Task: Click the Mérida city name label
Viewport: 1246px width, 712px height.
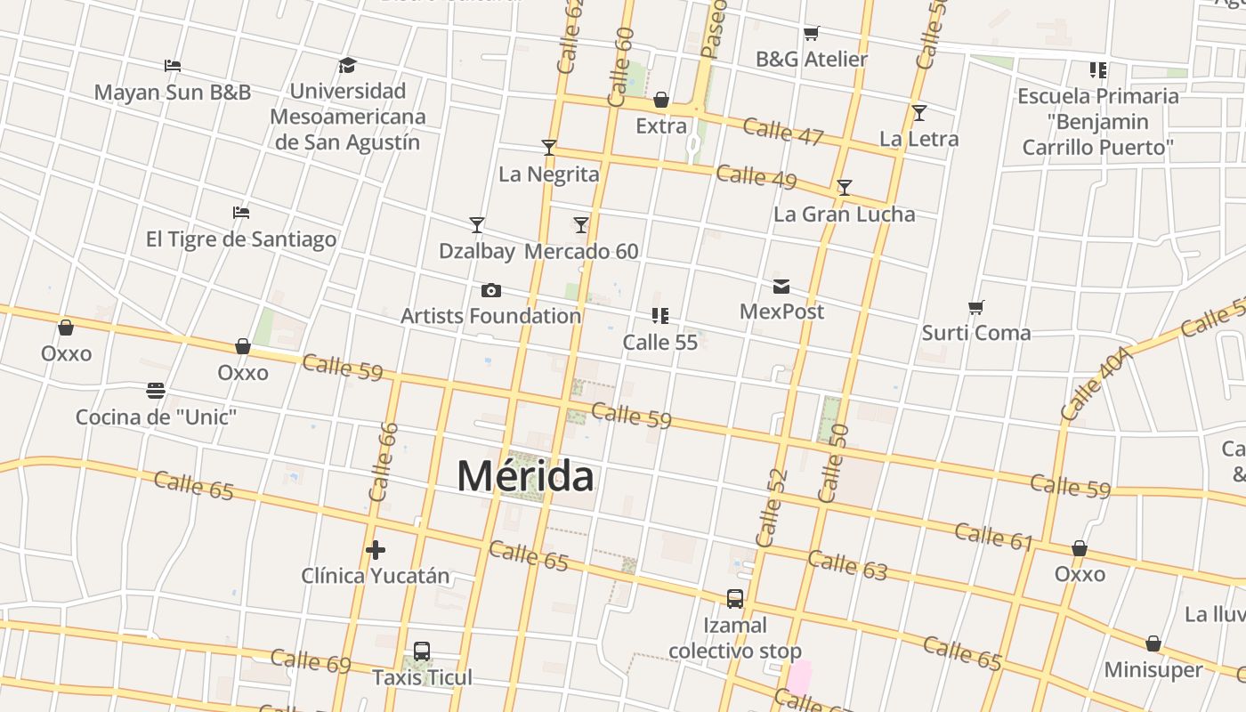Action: pyautogui.click(x=525, y=476)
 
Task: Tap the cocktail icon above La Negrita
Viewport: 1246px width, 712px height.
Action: pyautogui.click(x=549, y=148)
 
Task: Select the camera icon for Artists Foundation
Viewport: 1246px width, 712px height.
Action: pyautogui.click(x=490, y=290)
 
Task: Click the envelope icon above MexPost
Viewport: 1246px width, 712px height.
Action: pyautogui.click(x=781, y=286)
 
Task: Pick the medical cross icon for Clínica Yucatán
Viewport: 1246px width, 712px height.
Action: pyautogui.click(x=376, y=550)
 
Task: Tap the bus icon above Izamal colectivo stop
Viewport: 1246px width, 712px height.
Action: pyautogui.click(x=735, y=599)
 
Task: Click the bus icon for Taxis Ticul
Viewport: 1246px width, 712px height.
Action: pyautogui.click(x=422, y=651)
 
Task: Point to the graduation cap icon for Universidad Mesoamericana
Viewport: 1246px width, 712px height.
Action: pyautogui.click(x=347, y=66)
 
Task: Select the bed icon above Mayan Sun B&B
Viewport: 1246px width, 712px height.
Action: pyautogui.click(x=173, y=66)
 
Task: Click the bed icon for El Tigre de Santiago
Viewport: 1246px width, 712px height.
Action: pyautogui.click(x=241, y=213)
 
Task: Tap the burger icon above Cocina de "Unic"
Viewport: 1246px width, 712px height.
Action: pyautogui.click(x=156, y=391)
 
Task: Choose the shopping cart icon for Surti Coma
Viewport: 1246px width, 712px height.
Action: pyautogui.click(x=976, y=307)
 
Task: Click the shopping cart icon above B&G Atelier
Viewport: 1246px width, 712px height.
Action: pyautogui.click(x=811, y=34)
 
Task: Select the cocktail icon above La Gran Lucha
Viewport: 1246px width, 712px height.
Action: pyautogui.click(x=844, y=188)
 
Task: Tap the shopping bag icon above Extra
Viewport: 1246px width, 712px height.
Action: pyautogui.click(x=661, y=100)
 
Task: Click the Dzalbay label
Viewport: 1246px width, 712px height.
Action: pyautogui.click(x=477, y=251)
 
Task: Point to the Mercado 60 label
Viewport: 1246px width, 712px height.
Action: pyautogui.click(x=581, y=251)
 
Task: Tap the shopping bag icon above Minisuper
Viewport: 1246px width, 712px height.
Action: pyautogui.click(x=1153, y=643)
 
